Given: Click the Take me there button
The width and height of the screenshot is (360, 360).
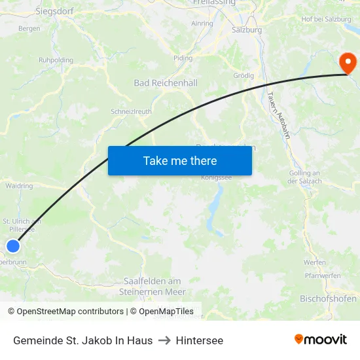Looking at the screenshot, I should tap(180, 160).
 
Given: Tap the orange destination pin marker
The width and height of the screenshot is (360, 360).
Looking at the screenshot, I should tap(348, 63).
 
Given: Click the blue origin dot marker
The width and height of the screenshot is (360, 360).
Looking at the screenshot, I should tap(13, 246).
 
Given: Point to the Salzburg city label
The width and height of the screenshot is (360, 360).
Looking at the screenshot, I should tap(247, 29).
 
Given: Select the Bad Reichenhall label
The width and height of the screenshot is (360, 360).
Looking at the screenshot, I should tap(165, 83).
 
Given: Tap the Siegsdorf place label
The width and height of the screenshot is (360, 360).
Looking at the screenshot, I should tap(54, 11).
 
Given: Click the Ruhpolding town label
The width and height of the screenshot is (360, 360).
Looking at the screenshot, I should tap(56, 60).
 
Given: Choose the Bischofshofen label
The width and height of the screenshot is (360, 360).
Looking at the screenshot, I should tap(327, 298).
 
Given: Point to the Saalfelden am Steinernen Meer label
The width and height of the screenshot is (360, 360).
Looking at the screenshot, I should tap(154, 287).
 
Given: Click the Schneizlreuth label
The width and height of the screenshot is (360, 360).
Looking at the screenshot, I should tap(131, 111).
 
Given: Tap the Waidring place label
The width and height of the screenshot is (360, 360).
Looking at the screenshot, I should tap(18, 186).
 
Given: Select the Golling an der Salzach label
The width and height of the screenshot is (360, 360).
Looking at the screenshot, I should tap(304, 177).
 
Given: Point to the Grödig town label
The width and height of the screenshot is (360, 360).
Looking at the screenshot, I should tap(243, 75).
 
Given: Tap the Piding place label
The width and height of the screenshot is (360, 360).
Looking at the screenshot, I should tap(183, 58).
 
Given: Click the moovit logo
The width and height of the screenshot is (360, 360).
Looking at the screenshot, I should tap(321, 339).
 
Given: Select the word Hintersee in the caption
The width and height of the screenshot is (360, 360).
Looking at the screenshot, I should tap(199, 340).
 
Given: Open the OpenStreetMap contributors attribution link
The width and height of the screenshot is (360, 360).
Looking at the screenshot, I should tap(69, 312).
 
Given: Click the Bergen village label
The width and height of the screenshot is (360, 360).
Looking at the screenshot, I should tap(29, 28).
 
